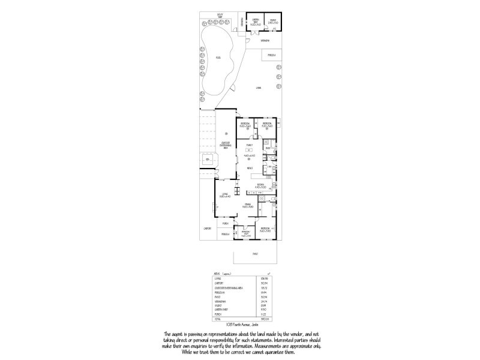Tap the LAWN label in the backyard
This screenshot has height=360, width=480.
(258, 88)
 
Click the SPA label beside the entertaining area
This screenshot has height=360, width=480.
(208, 160)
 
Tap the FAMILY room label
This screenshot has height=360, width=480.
(250, 145)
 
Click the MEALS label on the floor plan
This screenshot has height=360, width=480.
(249, 169)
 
